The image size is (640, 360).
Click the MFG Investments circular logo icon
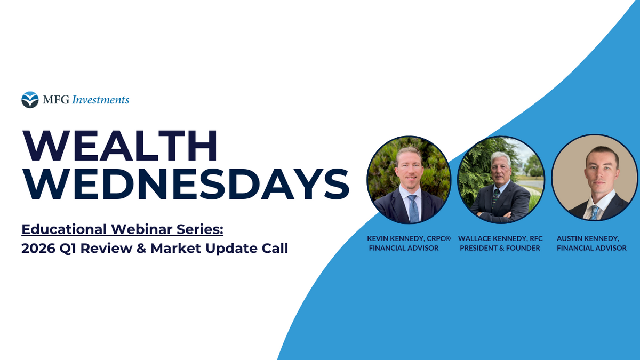(30, 100)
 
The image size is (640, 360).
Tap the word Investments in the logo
(100, 100)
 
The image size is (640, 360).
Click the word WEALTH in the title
(120, 146)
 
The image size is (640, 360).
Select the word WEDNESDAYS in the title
(186, 183)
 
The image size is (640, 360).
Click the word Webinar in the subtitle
(142, 229)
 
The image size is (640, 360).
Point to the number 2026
(38, 249)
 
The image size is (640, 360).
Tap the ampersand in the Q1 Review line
(141, 249)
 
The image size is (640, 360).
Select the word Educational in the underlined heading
(64, 229)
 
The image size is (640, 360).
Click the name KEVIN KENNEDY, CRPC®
(409, 238)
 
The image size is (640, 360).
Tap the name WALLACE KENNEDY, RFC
(500, 238)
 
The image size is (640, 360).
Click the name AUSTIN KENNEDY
(588, 238)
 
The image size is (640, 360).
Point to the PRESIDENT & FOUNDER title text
(500, 248)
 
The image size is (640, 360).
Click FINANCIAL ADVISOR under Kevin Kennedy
(403, 248)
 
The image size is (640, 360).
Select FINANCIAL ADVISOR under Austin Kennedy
(591, 248)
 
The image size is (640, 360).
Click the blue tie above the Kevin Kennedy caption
(413, 209)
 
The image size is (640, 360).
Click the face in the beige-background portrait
(602, 172)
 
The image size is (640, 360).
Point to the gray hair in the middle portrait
(501, 158)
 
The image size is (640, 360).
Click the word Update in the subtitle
(230, 249)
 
